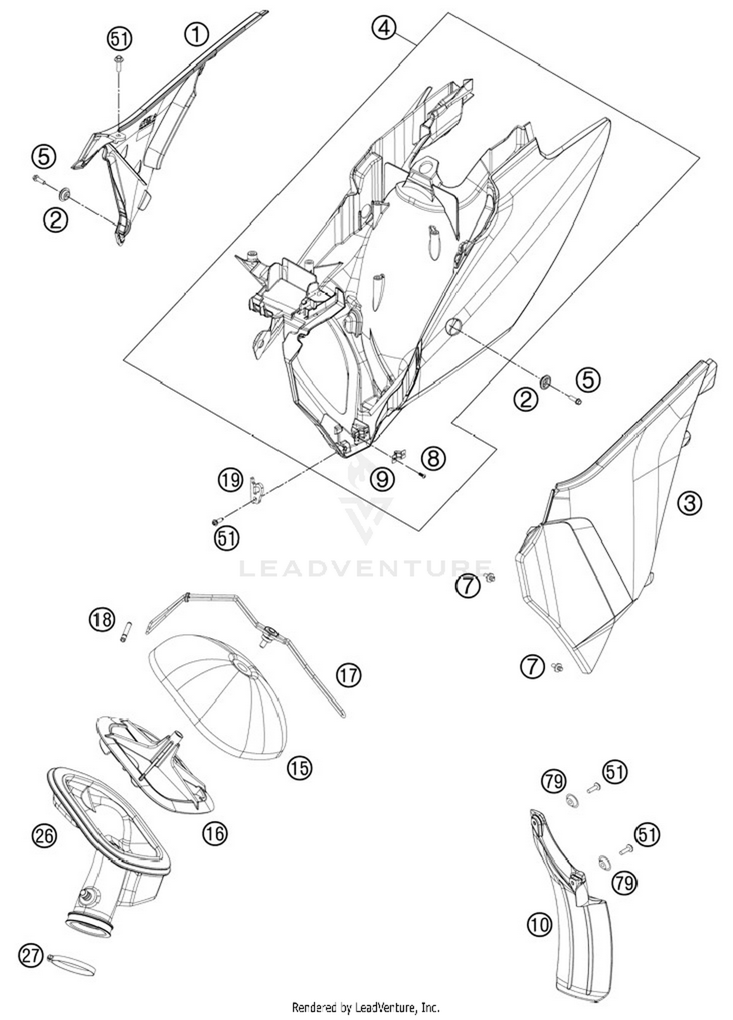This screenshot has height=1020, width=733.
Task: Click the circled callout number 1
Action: (x=196, y=35)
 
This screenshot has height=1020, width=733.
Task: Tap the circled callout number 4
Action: (x=384, y=28)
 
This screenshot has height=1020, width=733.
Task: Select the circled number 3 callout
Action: (x=690, y=502)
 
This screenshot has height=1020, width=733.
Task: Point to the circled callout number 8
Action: (x=433, y=458)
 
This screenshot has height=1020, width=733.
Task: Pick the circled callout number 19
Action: (x=230, y=479)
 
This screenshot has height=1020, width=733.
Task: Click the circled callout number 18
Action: (x=102, y=620)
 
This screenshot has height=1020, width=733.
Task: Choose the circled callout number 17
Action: (x=348, y=675)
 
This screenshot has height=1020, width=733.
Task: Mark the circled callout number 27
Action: (x=31, y=956)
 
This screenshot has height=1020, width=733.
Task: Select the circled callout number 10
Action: (x=539, y=924)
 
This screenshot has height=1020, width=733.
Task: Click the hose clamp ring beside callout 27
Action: (x=73, y=966)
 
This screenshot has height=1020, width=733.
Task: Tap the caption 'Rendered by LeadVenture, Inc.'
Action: (x=366, y=1007)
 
